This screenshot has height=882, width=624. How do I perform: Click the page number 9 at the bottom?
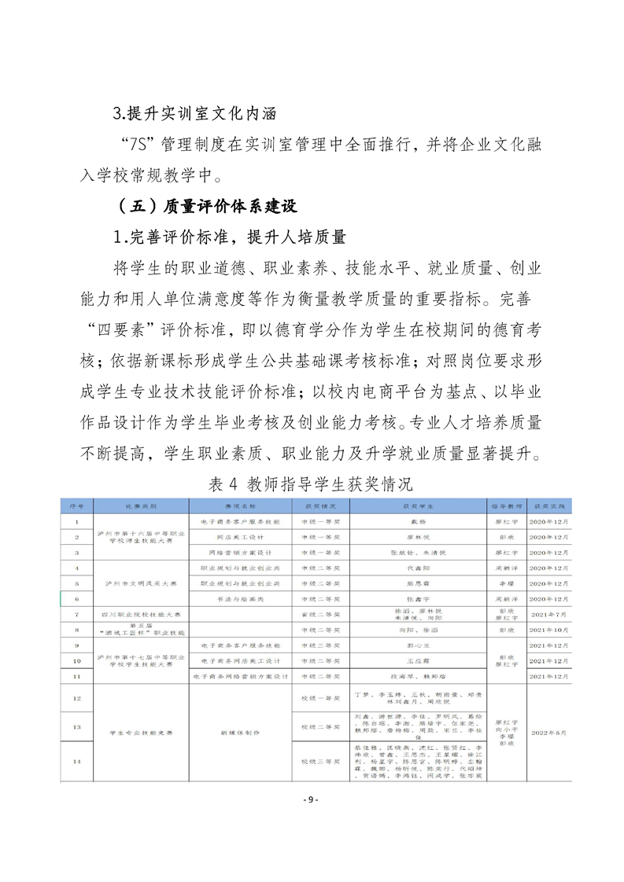click(312, 799)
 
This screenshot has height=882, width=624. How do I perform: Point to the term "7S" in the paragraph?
click(139, 145)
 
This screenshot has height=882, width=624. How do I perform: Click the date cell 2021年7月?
click(548, 614)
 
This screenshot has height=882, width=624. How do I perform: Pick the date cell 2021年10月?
click(548, 630)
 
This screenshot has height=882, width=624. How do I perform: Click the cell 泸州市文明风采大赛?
click(141, 583)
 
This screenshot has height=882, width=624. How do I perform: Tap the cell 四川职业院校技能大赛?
click(141, 614)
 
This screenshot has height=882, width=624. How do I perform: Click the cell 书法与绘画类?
click(240, 599)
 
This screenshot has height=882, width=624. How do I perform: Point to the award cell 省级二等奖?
click(319, 614)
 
